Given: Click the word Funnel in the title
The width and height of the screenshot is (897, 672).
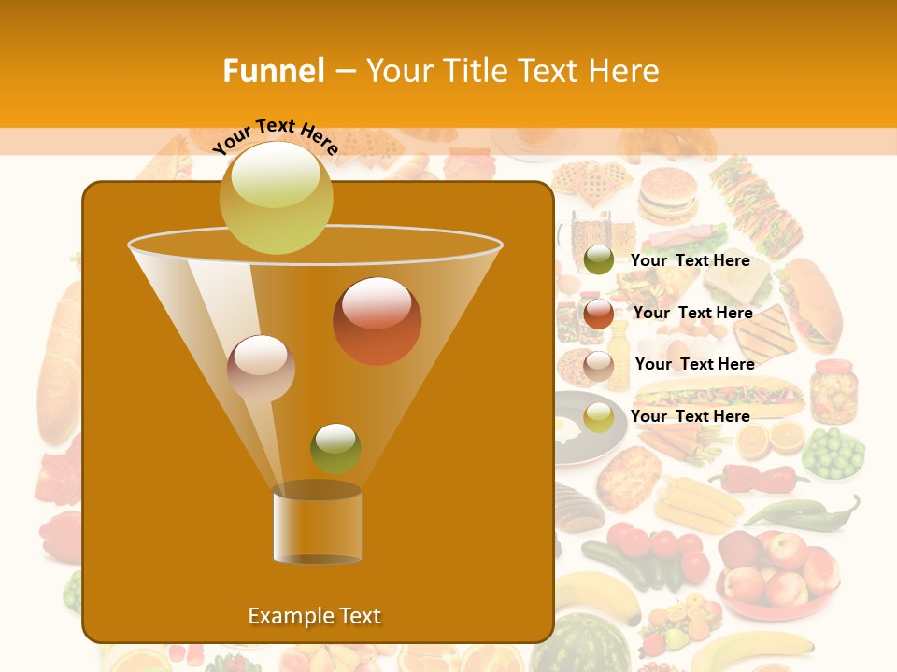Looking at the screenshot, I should (273, 71).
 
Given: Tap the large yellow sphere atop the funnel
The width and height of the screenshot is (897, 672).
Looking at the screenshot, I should (276, 198).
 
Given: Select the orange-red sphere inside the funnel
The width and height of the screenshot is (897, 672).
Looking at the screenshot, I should (377, 321).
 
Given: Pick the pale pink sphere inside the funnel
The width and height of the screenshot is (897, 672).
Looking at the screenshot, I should (261, 369).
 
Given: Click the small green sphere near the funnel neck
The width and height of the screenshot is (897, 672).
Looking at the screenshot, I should (335, 448).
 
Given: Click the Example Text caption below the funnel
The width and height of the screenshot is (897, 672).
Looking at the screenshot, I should (314, 616).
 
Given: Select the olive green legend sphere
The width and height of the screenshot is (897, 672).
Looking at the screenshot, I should (598, 260).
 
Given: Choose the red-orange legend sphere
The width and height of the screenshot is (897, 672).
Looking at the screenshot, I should (598, 313).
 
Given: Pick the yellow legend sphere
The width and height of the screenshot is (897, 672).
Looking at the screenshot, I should (598, 417).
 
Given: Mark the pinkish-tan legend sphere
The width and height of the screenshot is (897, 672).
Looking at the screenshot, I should (598, 365).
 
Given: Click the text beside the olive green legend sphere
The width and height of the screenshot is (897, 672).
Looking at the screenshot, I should (690, 260).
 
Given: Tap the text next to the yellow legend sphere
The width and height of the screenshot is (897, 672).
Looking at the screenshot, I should (690, 416).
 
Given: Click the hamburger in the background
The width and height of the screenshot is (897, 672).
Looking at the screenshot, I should (666, 193).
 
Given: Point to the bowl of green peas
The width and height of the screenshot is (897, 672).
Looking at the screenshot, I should (833, 453).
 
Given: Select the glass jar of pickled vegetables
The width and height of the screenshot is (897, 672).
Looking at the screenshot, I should (833, 390).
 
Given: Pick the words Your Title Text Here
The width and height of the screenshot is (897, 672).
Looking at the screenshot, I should (512, 71).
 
